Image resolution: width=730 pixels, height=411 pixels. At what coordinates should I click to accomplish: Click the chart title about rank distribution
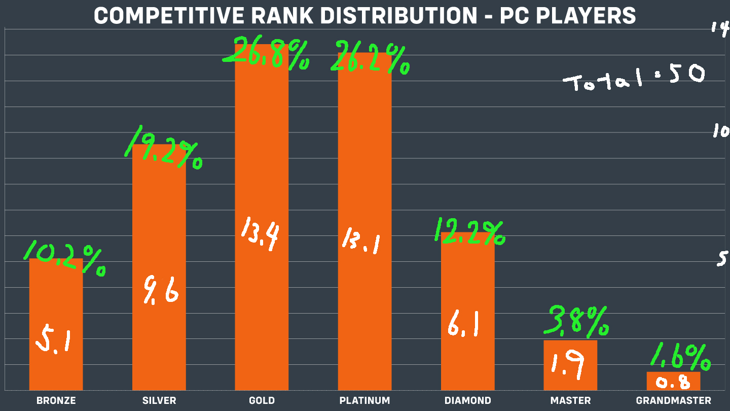pos(364,15)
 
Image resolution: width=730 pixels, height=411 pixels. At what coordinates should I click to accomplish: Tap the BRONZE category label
pos(56,400)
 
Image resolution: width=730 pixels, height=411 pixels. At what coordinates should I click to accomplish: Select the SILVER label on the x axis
pos(159,400)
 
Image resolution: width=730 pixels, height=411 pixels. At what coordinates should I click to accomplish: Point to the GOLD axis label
pos(262,400)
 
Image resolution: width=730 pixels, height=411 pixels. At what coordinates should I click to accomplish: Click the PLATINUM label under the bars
pos(364,400)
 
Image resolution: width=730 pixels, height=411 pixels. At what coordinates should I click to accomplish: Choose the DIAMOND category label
pos(467,400)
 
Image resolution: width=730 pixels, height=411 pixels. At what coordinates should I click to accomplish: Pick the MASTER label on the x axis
pos(570,400)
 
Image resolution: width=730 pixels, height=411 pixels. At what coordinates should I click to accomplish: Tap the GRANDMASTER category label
pos(673,400)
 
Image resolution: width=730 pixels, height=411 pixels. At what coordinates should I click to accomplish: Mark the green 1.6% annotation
pos(680,357)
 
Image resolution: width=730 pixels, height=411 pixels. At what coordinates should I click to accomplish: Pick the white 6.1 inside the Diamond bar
pos(463,325)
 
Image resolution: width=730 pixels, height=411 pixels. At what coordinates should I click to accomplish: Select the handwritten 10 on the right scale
pos(720,131)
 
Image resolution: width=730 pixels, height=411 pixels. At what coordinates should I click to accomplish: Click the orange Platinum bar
pos(364,152)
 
